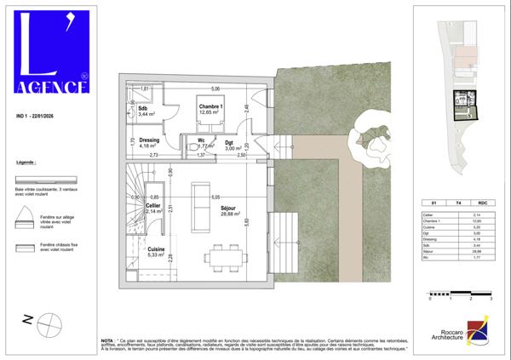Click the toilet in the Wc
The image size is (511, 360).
click(191, 146)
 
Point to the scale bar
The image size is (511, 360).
click(461, 294)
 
